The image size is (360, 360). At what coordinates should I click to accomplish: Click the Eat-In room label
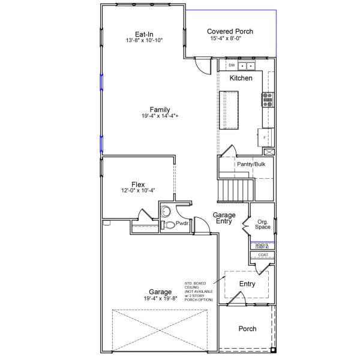(x=144, y=34)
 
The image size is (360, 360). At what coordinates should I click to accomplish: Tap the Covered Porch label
(x=230, y=31)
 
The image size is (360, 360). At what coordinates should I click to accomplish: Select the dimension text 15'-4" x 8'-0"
(x=230, y=40)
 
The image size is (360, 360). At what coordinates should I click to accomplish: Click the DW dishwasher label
(x=231, y=65)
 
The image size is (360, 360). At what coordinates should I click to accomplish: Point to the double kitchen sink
(x=246, y=65)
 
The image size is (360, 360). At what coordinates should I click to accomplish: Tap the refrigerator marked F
(x=265, y=137)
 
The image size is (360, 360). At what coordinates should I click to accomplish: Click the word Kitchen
(x=241, y=78)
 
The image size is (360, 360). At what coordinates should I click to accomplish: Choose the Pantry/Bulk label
(x=251, y=164)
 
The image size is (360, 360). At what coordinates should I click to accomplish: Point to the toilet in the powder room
(x=169, y=225)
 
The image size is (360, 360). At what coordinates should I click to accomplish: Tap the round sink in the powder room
(x=166, y=211)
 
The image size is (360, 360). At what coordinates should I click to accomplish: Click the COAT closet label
(x=263, y=255)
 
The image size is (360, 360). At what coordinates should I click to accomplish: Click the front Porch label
(x=247, y=328)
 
